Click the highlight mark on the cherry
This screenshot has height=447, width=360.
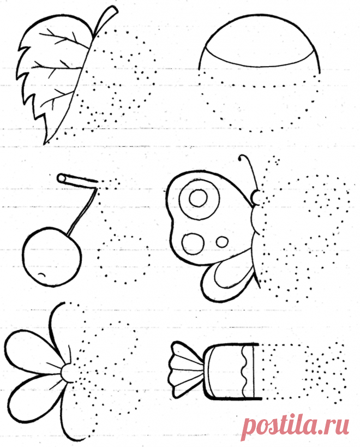point(41,275)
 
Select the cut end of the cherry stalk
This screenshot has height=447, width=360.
point(61,178)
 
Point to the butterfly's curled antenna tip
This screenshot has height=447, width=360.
point(241,158)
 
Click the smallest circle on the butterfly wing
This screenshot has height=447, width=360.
point(222,242)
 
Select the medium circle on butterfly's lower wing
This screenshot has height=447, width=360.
point(192,244)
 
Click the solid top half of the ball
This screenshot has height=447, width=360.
point(259,40)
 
